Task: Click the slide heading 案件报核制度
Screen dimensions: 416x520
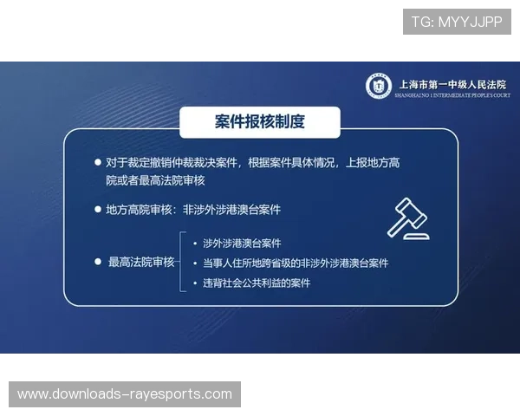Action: click(x=259, y=122)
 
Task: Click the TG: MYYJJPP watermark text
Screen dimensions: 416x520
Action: click(x=457, y=22)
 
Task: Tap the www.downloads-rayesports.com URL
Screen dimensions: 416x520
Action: click(x=125, y=394)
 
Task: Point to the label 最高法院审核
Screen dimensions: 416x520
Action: click(x=141, y=262)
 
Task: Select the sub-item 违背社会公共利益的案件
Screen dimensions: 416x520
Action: click(x=256, y=283)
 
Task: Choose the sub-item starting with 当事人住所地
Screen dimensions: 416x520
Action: click(x=296, y=263)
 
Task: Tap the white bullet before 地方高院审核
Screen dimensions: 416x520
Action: click(x=97, y=210)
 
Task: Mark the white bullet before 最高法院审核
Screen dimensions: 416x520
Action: click(x=97, y=262)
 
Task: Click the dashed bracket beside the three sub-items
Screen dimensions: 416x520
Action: click(x=181, y=262)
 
